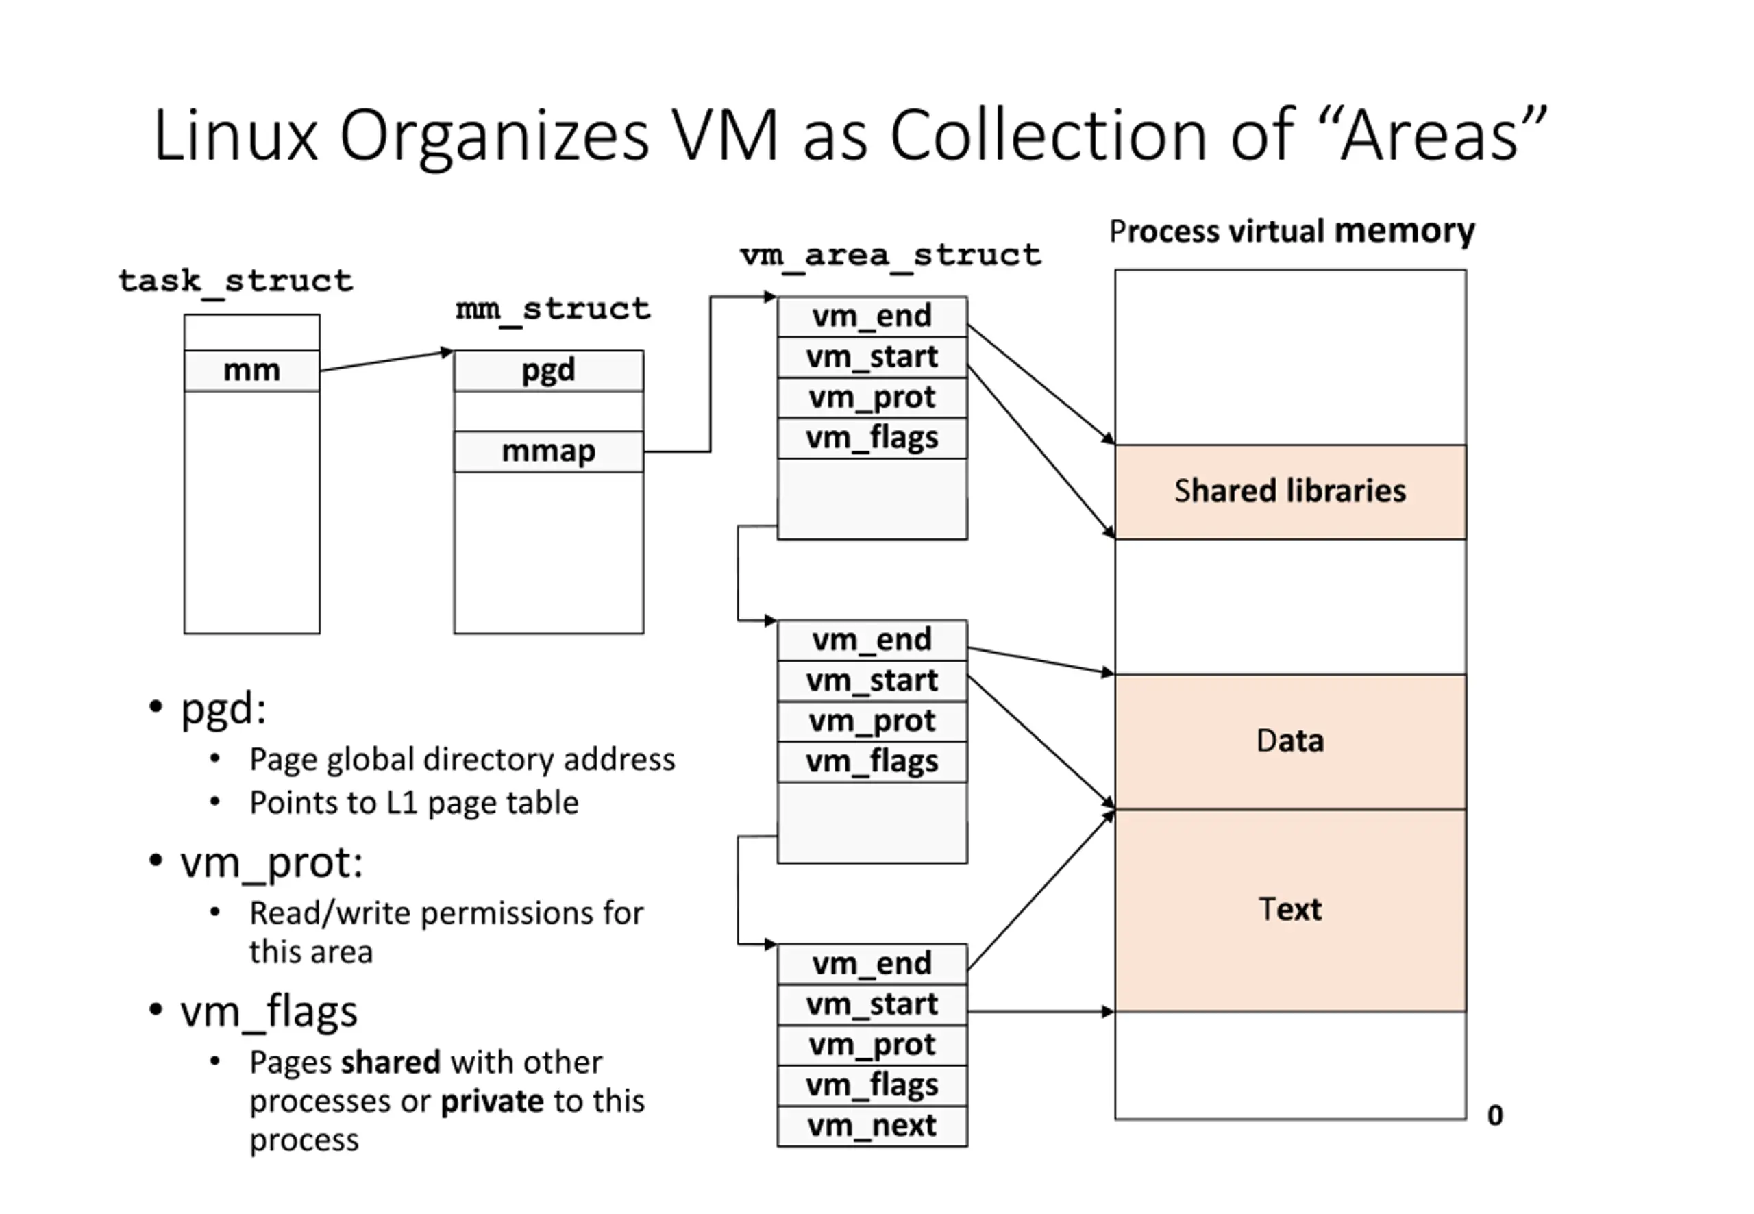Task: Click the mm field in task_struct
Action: click(251, 371)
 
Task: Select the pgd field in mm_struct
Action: click(548, 371)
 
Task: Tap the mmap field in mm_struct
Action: click(548, 451)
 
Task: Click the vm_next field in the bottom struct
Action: click(872, 1125)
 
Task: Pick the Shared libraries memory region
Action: click(1290, 491)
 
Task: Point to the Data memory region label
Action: click(1290, 741)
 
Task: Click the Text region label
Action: click(1290, 910)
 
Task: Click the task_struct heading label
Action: click(236, 282)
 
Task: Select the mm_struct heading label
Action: click(553, 310)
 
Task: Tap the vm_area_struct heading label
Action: click(891, 256)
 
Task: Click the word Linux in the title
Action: click(236, 137)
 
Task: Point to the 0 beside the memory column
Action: click(1494, 1116)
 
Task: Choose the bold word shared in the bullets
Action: click(391, 1063)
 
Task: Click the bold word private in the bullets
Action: click(492, 1102)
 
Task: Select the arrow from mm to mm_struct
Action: click(386, 360)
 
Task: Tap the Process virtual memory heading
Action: click(1292, 232)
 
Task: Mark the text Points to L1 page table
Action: click(414, 803)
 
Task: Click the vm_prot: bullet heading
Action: click(271, 863)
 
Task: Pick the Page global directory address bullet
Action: click(462, 760)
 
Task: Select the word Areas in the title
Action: click(1430, 137)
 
